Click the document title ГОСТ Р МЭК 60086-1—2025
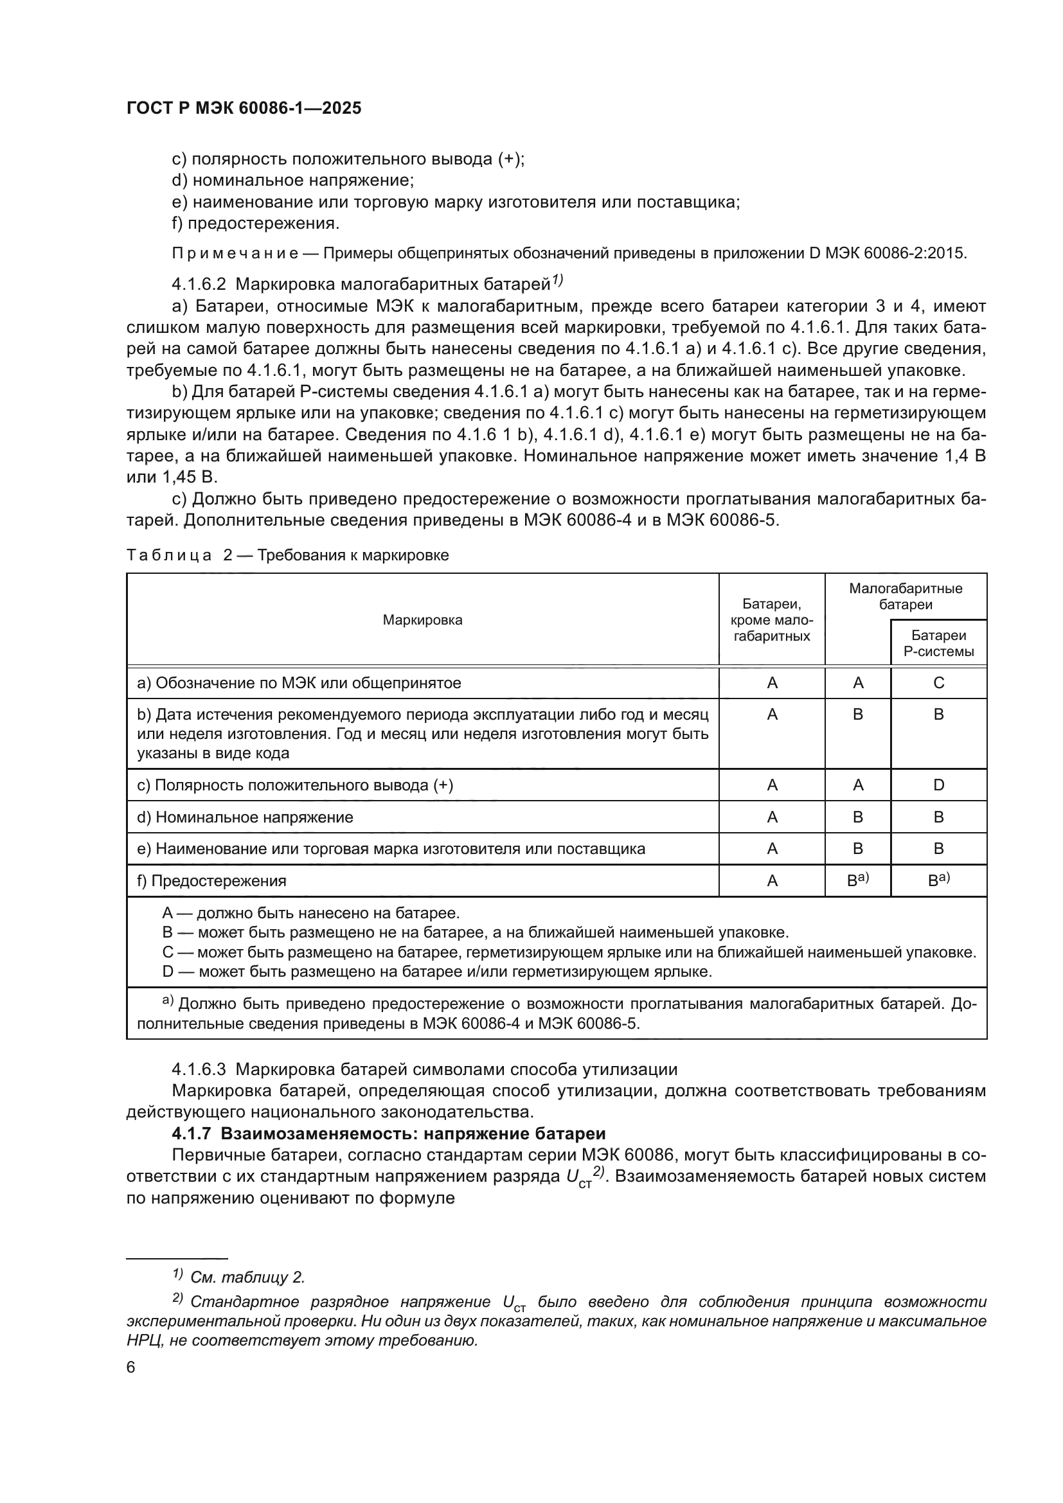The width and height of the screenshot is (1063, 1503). [x=244, y=109]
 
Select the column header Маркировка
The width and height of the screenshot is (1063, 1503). [x=422, y=620]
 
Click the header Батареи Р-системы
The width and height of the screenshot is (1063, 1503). [x=938, y=643]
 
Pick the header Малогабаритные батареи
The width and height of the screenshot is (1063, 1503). [x=906, y=596]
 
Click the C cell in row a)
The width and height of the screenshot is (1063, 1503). [x=938, y=683]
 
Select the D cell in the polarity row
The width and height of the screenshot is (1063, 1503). [x=938, y=785]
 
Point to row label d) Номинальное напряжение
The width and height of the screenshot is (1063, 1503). [x=245, y=817]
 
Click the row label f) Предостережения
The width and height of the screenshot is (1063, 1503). [x=211, y=880]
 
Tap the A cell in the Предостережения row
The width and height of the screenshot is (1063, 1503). [x=772, y=880]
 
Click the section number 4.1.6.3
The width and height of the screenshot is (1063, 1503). [x=199, y=1070]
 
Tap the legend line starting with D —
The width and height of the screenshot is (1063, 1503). [x=436, y=972]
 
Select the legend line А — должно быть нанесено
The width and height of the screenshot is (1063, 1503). [x=311, y=912]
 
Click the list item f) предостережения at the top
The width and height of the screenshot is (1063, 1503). [x=255, y=223]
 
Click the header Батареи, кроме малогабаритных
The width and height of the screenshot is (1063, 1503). [x=772, y=620]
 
